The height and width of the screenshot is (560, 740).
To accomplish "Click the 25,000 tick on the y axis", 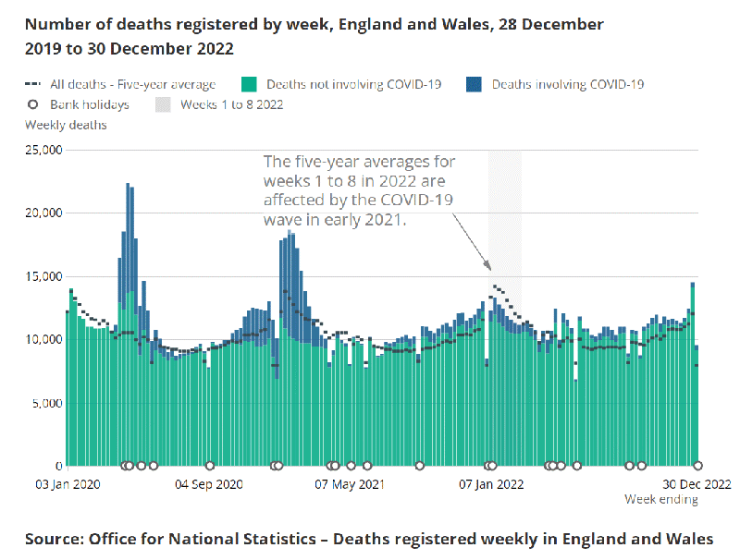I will coord(43,150).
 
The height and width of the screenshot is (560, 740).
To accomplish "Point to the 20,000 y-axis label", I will coord(43,213).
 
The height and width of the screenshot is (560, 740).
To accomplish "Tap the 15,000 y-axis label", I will coord(43,276).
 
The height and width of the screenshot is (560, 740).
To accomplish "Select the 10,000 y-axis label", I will coord(43,339).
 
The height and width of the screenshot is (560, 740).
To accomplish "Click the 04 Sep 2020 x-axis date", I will coord(209,483).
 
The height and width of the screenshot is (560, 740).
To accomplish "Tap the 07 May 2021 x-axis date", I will coord(349,483).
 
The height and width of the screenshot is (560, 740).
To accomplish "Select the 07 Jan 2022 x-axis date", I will coord(492,483).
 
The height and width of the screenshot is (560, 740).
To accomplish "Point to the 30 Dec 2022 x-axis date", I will coord(697,483).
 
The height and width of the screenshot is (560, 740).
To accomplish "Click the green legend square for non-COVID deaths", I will coord(247,84).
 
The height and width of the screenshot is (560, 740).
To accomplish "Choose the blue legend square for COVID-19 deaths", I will coord(474,84).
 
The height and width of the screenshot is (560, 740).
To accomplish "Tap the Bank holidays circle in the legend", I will coord(31,104).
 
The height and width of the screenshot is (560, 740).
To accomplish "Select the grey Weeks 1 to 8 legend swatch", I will coord(164,104).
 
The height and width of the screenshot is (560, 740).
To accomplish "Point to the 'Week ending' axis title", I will coord(660,500).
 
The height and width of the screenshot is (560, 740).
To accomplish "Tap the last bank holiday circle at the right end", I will coord(697,466).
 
